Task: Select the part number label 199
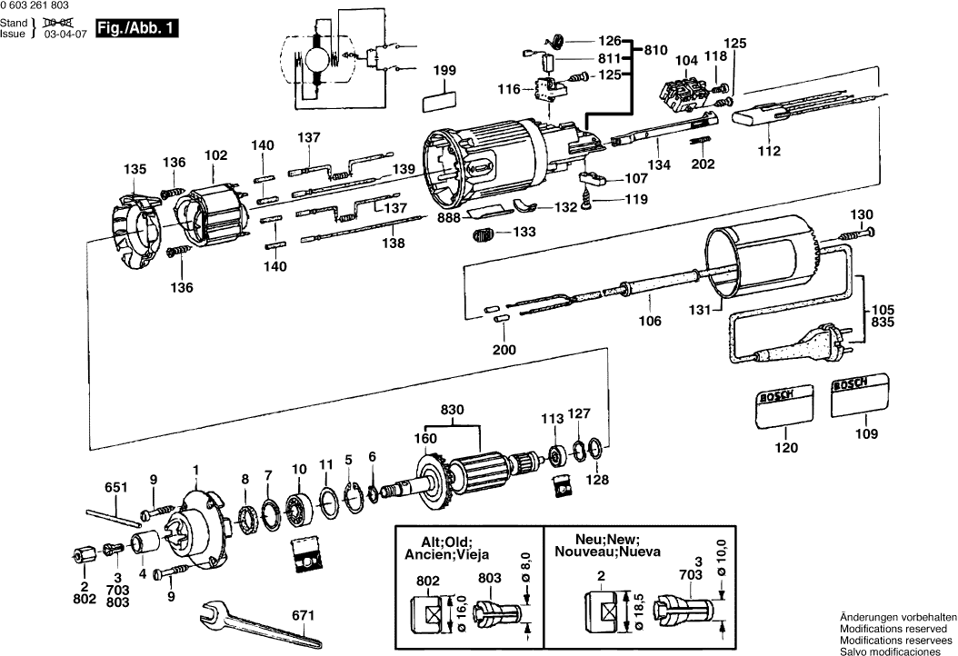point(444,70)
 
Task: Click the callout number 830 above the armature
point(452,410)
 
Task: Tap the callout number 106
point(650,321)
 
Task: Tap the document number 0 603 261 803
point(35,6)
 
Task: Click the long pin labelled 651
point(112,511)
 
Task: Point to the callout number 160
point(425,438)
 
